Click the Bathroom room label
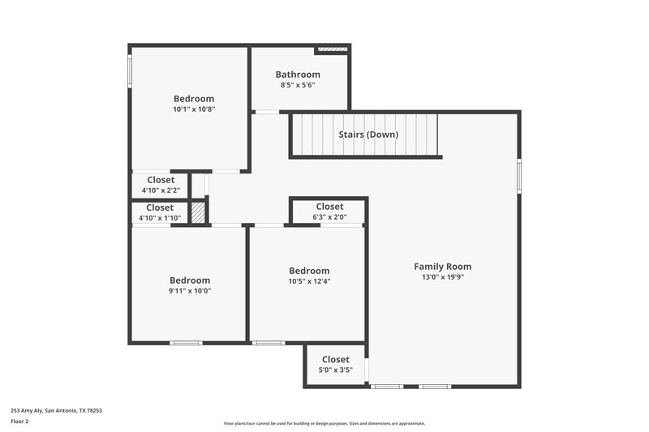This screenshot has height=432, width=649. click(298, 75)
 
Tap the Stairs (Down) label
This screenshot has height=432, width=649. click(368, 135)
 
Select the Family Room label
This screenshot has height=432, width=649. click(442, 267)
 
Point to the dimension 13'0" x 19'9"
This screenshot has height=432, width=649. click(442, 277)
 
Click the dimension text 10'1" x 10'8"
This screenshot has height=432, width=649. click(193, 109)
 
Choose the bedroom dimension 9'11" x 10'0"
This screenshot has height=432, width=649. click(190, 291)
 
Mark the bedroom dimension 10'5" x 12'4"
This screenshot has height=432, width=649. click(309, 281)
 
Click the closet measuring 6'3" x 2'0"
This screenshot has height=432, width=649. click(329, 212)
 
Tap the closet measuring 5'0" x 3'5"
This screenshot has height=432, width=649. click(335, 365)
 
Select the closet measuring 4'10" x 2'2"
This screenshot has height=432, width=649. click(161, 185)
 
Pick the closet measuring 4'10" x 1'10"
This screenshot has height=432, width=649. click(160, 213)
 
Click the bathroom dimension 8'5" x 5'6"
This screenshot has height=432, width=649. click(298, 85)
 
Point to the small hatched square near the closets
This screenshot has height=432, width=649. click(197, 213)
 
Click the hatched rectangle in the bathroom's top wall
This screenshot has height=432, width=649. click(333, 49)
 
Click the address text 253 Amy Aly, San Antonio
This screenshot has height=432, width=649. click(56, 410)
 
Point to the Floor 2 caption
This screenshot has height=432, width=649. click(20, 421)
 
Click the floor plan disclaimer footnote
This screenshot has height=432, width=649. click(324, 423)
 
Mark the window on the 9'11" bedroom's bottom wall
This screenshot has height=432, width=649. click(186, 343)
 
